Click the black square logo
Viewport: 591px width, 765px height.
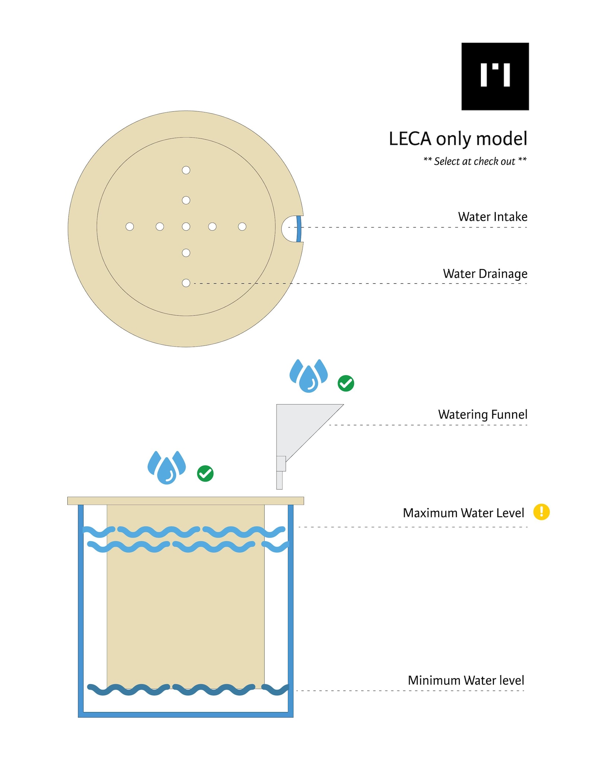click(x=495, y=76)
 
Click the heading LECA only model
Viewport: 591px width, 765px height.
click(x=458, y=139)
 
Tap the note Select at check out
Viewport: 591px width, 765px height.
click(x=475, y=161)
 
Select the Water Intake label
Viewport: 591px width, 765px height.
click(x=493, y=217)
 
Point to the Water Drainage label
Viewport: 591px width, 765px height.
click(x=485, y=274)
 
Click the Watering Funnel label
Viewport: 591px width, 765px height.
click(x=483, y=414)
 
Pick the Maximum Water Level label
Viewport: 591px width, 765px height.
click(x=463, y=513)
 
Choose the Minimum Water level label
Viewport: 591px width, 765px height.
click(x=466, y=680)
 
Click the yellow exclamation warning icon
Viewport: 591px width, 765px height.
click(x=542, y=512)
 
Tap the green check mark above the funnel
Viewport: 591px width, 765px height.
click(x=346, y=383)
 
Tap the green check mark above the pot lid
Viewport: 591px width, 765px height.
click(x=205, y=474)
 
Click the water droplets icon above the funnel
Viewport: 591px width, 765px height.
click(x=309, y=376)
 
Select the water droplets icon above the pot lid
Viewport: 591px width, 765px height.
click(x=167, y=468)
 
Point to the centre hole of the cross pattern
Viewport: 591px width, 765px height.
click(x=186, y=226)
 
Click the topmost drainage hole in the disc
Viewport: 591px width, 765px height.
click(x=186, y=170)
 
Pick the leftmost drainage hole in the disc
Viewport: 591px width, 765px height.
click(x=130, y=226)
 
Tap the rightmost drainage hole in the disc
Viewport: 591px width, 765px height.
click(x=242, y=226)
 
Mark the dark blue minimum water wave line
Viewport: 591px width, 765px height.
click(x=188, y=689)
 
